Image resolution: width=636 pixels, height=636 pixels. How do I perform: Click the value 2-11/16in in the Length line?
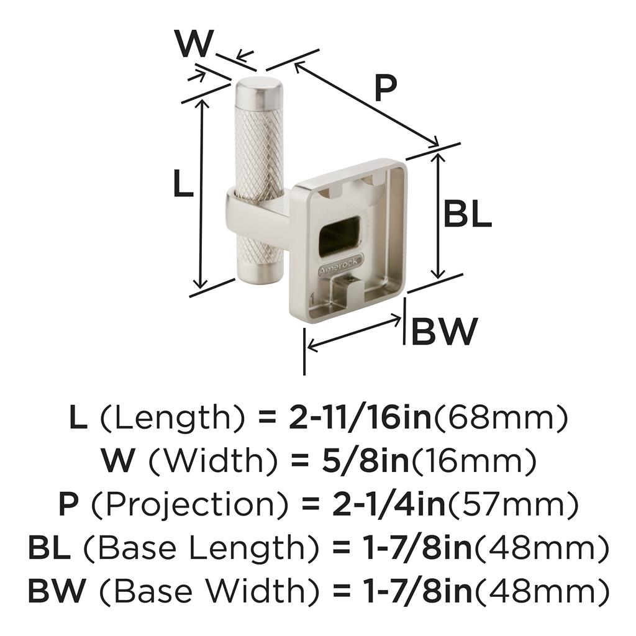(360, 419)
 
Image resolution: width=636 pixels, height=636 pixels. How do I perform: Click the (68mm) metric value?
(500, 419)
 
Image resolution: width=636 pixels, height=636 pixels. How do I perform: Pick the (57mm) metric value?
(512, 504)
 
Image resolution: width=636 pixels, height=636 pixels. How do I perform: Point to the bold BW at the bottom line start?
(56, 591)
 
